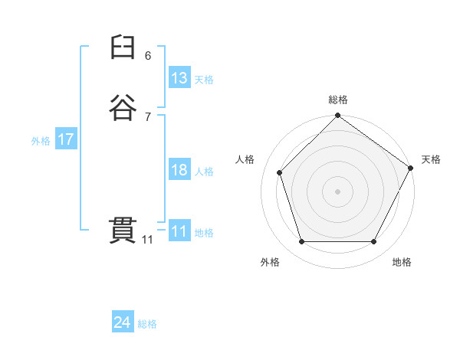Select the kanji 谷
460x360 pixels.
[x=123, y=108]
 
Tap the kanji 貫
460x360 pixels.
[x=123, y=230]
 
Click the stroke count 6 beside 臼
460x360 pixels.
[x=148, y=56]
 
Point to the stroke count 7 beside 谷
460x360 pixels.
[x=148, y=116]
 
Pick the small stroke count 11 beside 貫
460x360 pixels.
[x=147, y=240]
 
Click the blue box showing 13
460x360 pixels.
[x=179, y=78]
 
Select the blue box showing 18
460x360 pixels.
[x=179, y=170]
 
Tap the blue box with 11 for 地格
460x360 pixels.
[x=179, y=231]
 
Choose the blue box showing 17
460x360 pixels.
[x=65, y=139]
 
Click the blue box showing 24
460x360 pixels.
[x=123, y=323]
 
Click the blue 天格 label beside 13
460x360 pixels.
[x=204, y=80]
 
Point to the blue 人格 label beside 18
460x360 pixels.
[x=204, y=172]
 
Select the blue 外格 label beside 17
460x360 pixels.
[x=41, y=141]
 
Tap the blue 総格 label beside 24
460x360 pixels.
[x=147, y=325]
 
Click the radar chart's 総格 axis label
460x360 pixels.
[x=337, y=100]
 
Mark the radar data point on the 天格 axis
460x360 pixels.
[x=411, y=168]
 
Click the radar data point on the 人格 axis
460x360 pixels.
[x=280, y=172]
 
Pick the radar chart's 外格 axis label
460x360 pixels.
[x=270, y=262]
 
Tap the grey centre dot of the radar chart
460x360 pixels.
[x=337, y=191]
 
